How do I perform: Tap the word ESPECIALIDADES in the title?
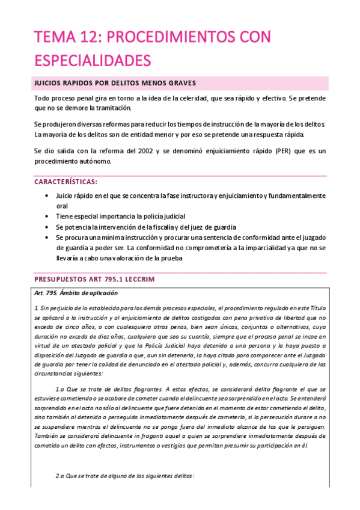click(92, 60)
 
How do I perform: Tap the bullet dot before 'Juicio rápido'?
click(47, 196)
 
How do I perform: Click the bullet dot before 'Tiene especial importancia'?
click(47, 216)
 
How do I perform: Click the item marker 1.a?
click(59, 389)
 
